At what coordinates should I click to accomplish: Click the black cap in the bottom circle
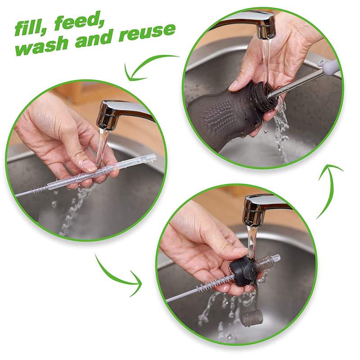pyautogui.click(x=245, y=272)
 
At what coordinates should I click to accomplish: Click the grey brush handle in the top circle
pyautogui.click(x=326, y=67)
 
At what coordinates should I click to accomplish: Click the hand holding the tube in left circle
pyautogui.click(x=58, y=139)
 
